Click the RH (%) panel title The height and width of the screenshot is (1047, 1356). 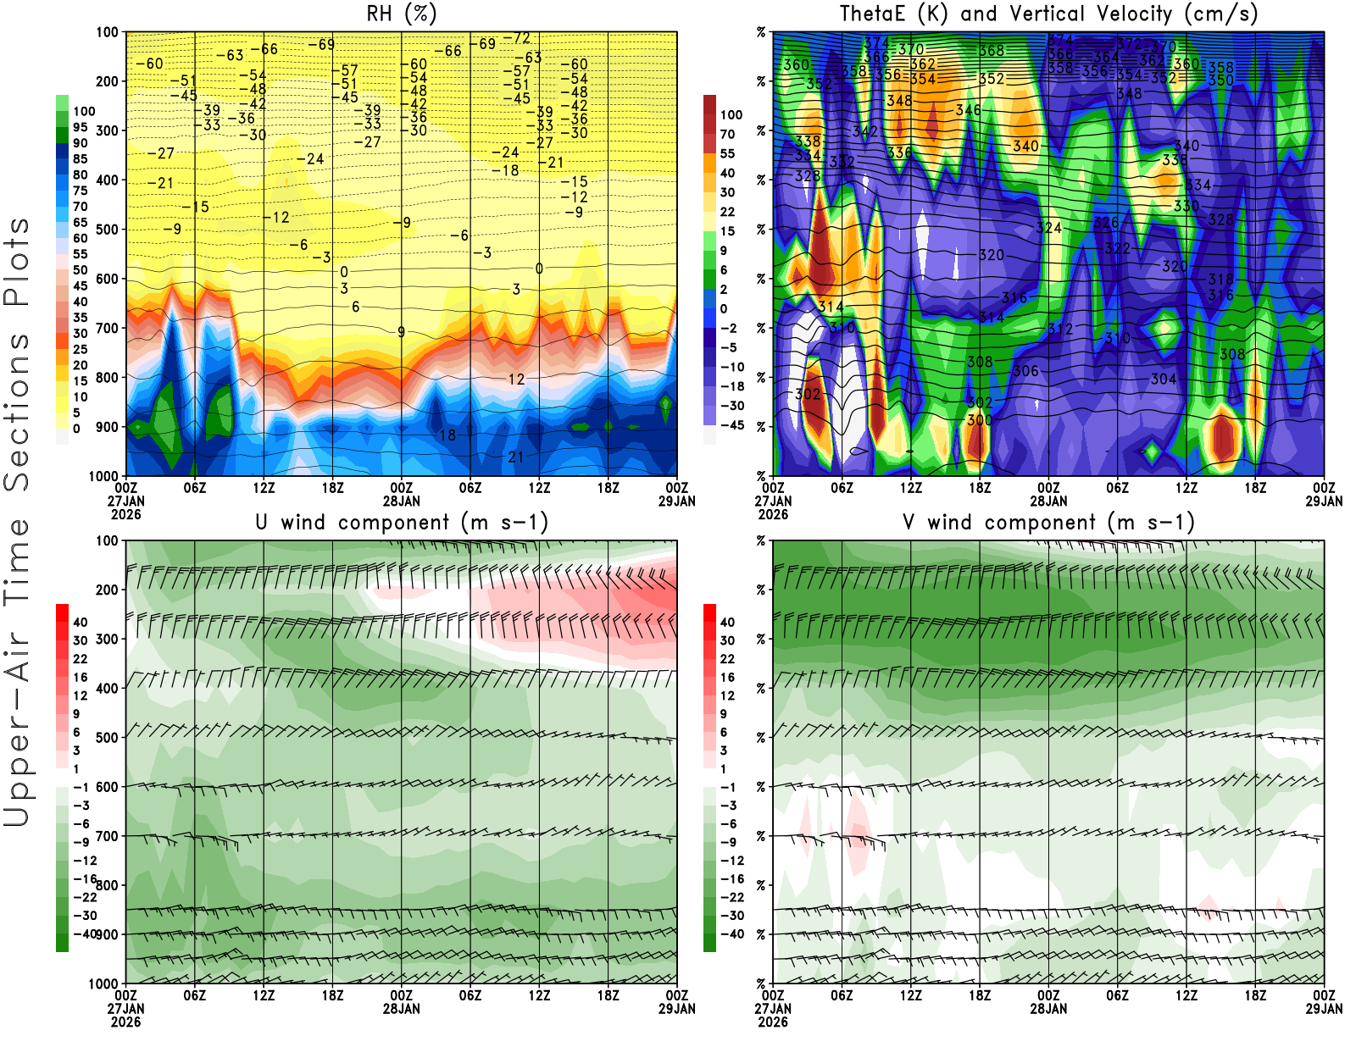[401, 14]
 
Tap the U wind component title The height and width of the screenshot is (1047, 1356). [401, 522]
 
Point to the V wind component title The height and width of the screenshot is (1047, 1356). [1048, 522]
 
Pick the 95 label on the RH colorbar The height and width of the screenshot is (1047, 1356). [80, 127]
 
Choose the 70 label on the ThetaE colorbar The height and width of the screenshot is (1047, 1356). [727, 134]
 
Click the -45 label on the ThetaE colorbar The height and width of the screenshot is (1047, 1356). [731, 425]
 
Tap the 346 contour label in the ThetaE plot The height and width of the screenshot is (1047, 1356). [968, 110]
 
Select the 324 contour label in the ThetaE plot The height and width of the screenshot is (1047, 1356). [1048, 228]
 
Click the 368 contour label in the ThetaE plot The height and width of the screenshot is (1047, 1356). [992, 51]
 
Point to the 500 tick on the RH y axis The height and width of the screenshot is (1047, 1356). [107, 230]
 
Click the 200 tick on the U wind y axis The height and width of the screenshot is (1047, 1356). [107, 590]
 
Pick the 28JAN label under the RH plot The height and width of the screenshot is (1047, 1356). [401, 501]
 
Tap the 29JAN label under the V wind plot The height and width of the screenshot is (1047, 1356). [1324, 1009]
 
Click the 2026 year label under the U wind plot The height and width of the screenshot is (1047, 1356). [125, 1022]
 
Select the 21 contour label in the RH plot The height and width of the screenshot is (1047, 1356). [515, 457]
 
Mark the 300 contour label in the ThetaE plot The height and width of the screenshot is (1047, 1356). [979, 420]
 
